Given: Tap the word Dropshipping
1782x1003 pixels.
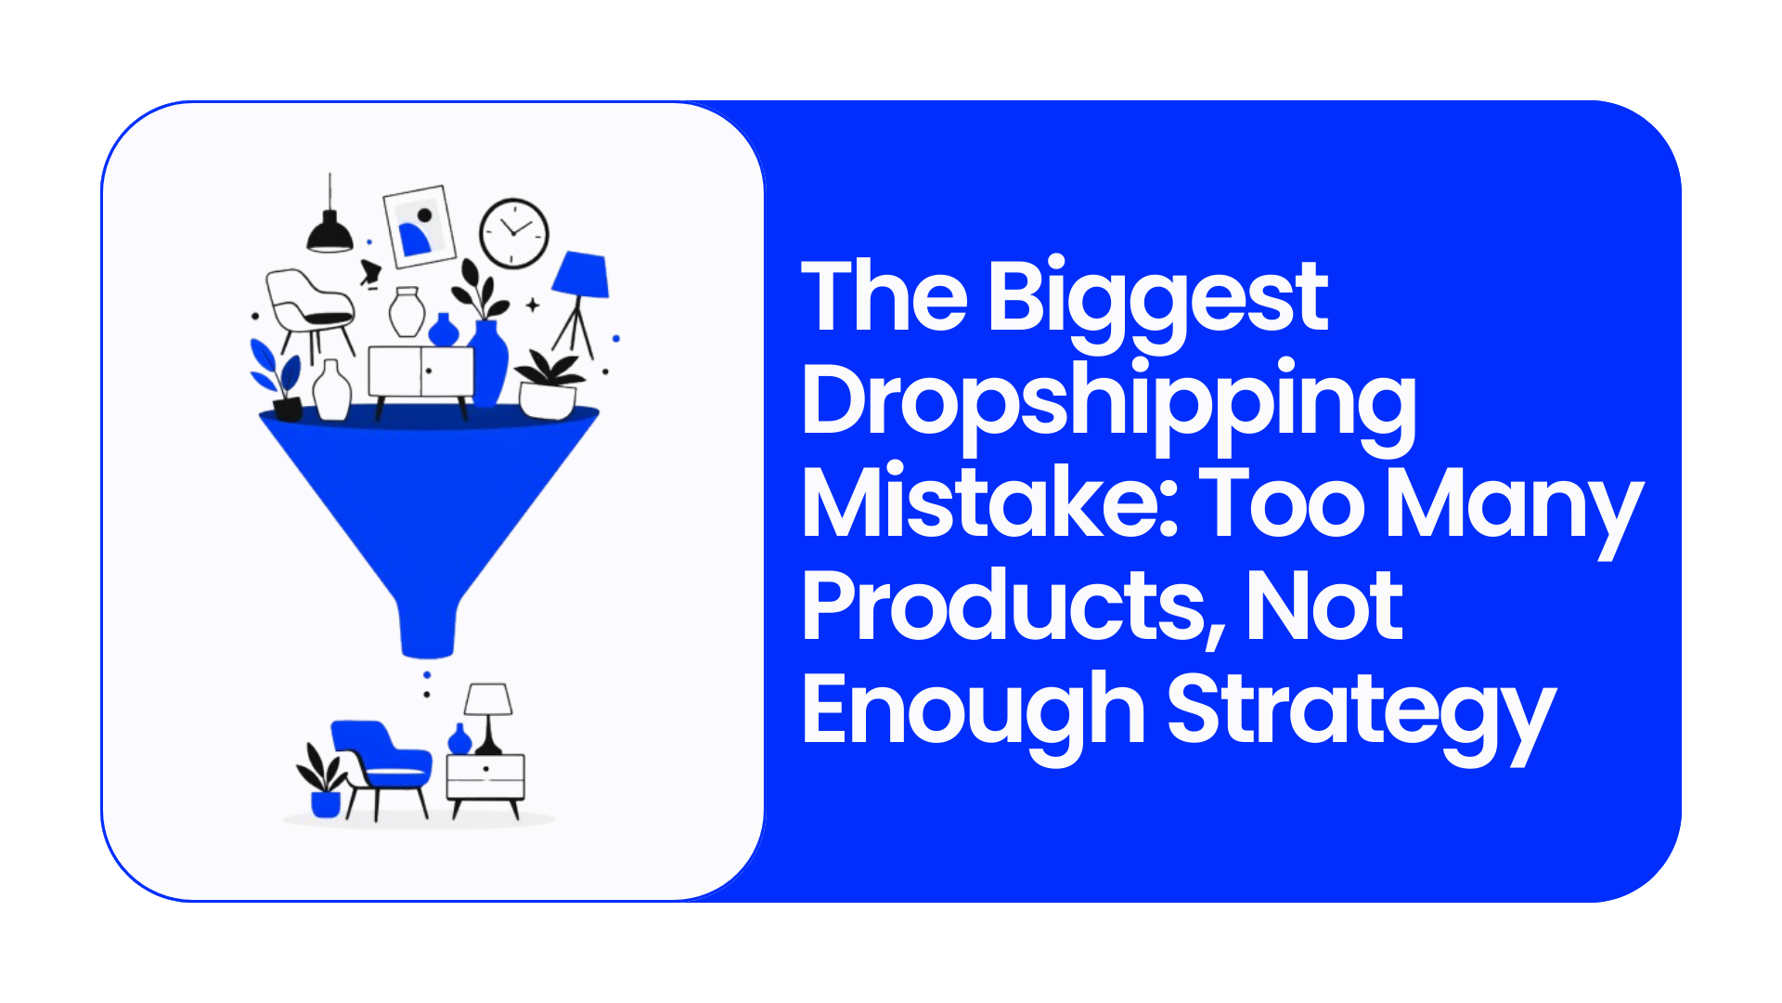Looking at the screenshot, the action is pyautogui.click(x=1109, y=405).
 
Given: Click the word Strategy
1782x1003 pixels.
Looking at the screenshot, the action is pyautogui.click(x=1361, y=713).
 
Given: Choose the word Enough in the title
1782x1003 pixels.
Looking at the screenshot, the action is pyautogui.click(x=974, y=710).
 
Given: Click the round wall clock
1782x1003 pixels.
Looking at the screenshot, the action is pyautogui.click(x=514, y=233).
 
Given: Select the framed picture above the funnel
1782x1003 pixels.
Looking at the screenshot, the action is pyautogui.click(x=420, y=226).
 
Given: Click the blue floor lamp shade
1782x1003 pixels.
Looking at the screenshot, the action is pyautogui.click(x=581, y=275).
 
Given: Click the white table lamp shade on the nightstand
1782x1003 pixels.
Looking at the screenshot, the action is pyautogui.click(x=488, y=699).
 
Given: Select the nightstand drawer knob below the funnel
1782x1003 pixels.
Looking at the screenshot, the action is pyautogui.click(x=485, y=769).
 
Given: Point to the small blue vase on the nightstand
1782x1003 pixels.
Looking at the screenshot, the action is pyautogui.click(x=459, y=739).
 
